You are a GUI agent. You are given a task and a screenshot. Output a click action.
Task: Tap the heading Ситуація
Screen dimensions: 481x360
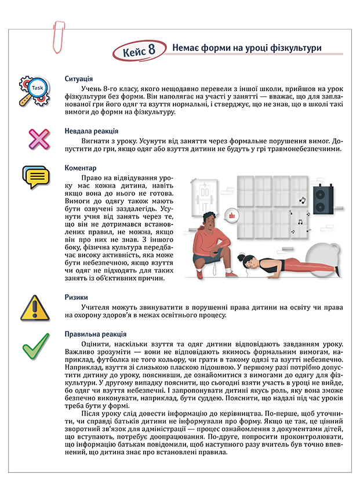[x=80, y=78]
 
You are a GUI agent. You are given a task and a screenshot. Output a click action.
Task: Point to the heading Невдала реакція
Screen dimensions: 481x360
[x=92, y=131]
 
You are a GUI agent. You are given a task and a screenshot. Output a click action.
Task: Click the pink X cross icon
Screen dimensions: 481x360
[x=37, y=139]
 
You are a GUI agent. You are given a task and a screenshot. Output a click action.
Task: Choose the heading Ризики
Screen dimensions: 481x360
[x=77, y=296]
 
